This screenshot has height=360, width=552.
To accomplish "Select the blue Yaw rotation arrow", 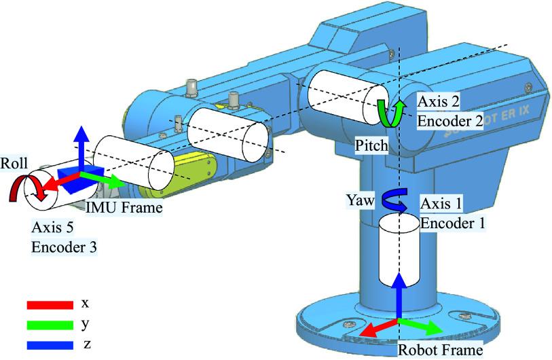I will pos(390,202).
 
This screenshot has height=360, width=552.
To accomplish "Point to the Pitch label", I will pos(371,145).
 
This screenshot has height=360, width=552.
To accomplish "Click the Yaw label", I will pos(358,201).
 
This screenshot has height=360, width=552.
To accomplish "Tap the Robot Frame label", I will pos(439,350).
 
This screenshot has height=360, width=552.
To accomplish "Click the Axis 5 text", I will pos(53,231).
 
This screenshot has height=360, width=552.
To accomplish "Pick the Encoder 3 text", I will pos(64,248).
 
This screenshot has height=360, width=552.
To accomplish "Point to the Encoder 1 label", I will pos(453,221).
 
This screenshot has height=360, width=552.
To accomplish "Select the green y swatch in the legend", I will pos(49,325).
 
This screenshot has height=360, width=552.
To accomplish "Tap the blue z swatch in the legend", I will pos(49,344).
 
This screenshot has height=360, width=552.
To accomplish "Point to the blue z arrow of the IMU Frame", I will pos(81,146).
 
